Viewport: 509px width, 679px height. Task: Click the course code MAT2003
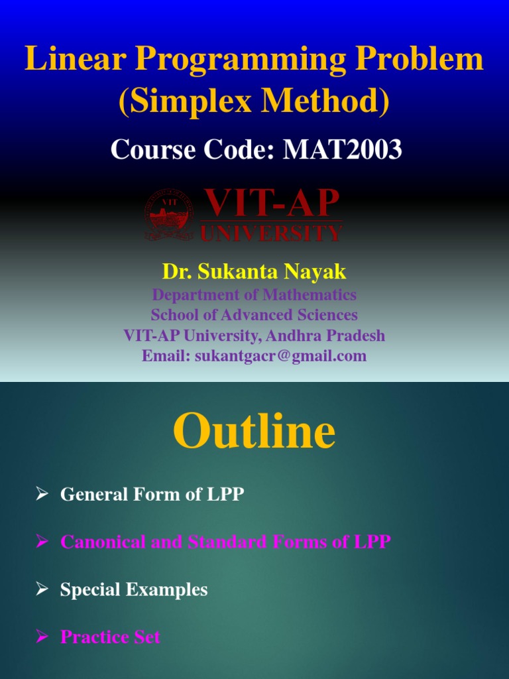tap(343, 150)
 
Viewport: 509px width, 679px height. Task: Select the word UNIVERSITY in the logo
tap(272, 233)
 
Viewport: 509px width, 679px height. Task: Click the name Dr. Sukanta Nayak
tap(254, 271)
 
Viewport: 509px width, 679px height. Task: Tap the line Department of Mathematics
tap(254, 294)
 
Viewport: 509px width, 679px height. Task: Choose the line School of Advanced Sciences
tap(254, 315)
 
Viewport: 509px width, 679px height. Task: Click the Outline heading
tap(254, 432)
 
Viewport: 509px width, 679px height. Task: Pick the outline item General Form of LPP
tap(152, 494)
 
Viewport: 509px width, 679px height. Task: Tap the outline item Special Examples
tap(134, 589)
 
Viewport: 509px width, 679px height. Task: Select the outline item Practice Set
tap(110, 637)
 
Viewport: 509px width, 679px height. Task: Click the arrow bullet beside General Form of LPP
tap(42, 494)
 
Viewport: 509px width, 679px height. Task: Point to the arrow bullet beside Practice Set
tap(42, 637)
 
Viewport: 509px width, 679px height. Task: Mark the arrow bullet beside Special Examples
tap(42, 589)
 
